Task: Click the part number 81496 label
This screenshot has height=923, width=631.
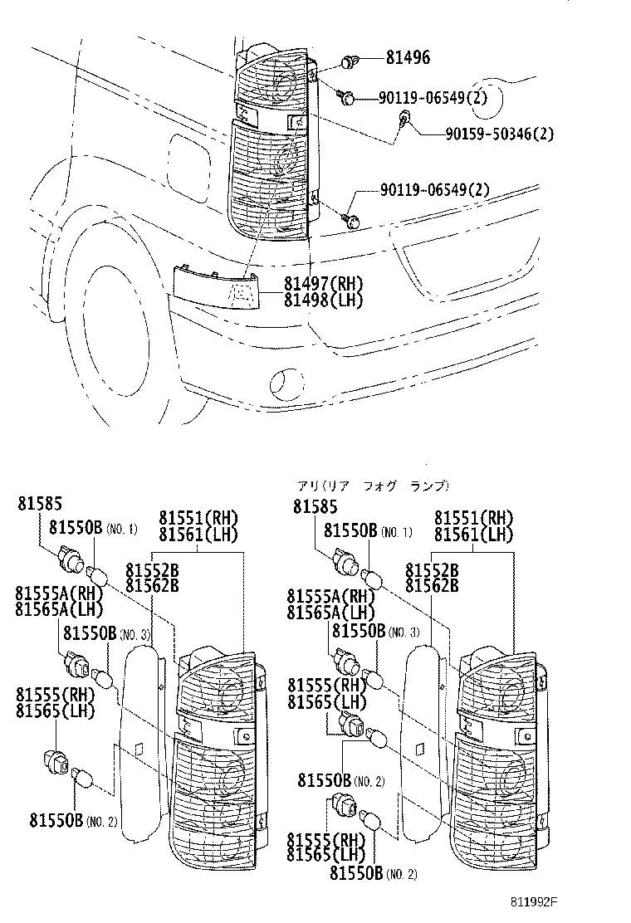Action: click(x=408, y=58)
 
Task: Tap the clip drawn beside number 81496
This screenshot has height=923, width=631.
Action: click(x=349, y=61)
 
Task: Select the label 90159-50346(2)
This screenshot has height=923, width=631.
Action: click(x=499, y=133)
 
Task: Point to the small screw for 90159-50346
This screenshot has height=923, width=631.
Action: click(x=404, y=117)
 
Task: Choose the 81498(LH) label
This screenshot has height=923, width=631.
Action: click(x=323, y=300)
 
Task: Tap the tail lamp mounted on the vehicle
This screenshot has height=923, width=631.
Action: click(x=272, y=141)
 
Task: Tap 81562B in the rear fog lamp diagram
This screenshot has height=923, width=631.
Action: click(x=432, y=585)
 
